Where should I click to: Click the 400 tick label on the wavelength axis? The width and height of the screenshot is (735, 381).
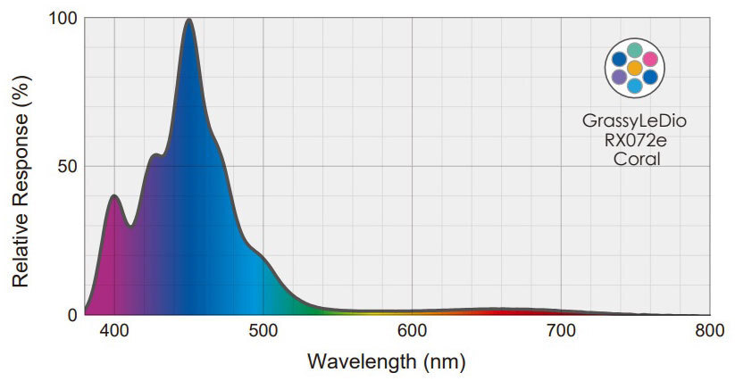(x=113, y=331)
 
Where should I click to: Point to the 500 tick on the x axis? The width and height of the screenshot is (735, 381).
(x=263, y=331)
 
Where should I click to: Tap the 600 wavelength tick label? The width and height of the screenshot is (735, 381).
(x=412, y=331)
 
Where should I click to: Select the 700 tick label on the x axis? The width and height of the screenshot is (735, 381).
(x=561, y=331)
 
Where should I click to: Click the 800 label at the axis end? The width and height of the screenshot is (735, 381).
(x=709, y=331)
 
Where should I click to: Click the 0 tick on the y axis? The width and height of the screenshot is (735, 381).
(x=71, y=315)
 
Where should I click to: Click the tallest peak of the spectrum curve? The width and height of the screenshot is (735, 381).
(x=188, y=20)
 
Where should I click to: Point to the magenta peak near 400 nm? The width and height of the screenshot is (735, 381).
(x=113, y=195)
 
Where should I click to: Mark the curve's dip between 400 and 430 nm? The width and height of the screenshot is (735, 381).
(x=131, y=226)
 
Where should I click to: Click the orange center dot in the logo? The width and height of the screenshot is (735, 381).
(x=634, y=68)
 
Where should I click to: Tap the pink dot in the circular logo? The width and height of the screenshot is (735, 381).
(x=650, y=58)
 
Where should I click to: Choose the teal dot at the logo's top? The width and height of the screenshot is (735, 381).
(x=634, y=50)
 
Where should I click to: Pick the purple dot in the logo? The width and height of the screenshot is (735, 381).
(x=619, y=78)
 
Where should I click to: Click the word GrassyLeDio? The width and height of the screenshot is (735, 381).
(x=634, y=120)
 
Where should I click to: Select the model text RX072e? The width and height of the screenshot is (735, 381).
(x=634, y=140)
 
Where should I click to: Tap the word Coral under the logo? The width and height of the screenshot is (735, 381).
(x=635, y=159)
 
